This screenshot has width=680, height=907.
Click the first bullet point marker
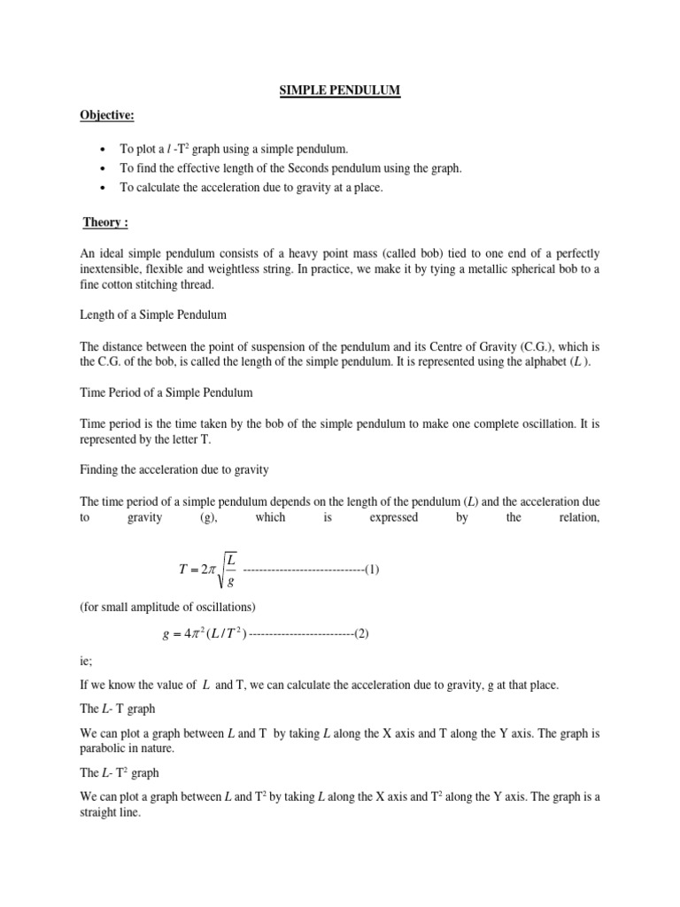tap(104, 151)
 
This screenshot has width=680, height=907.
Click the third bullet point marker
tap(104, 188)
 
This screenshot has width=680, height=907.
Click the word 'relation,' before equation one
tap(576, 517)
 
